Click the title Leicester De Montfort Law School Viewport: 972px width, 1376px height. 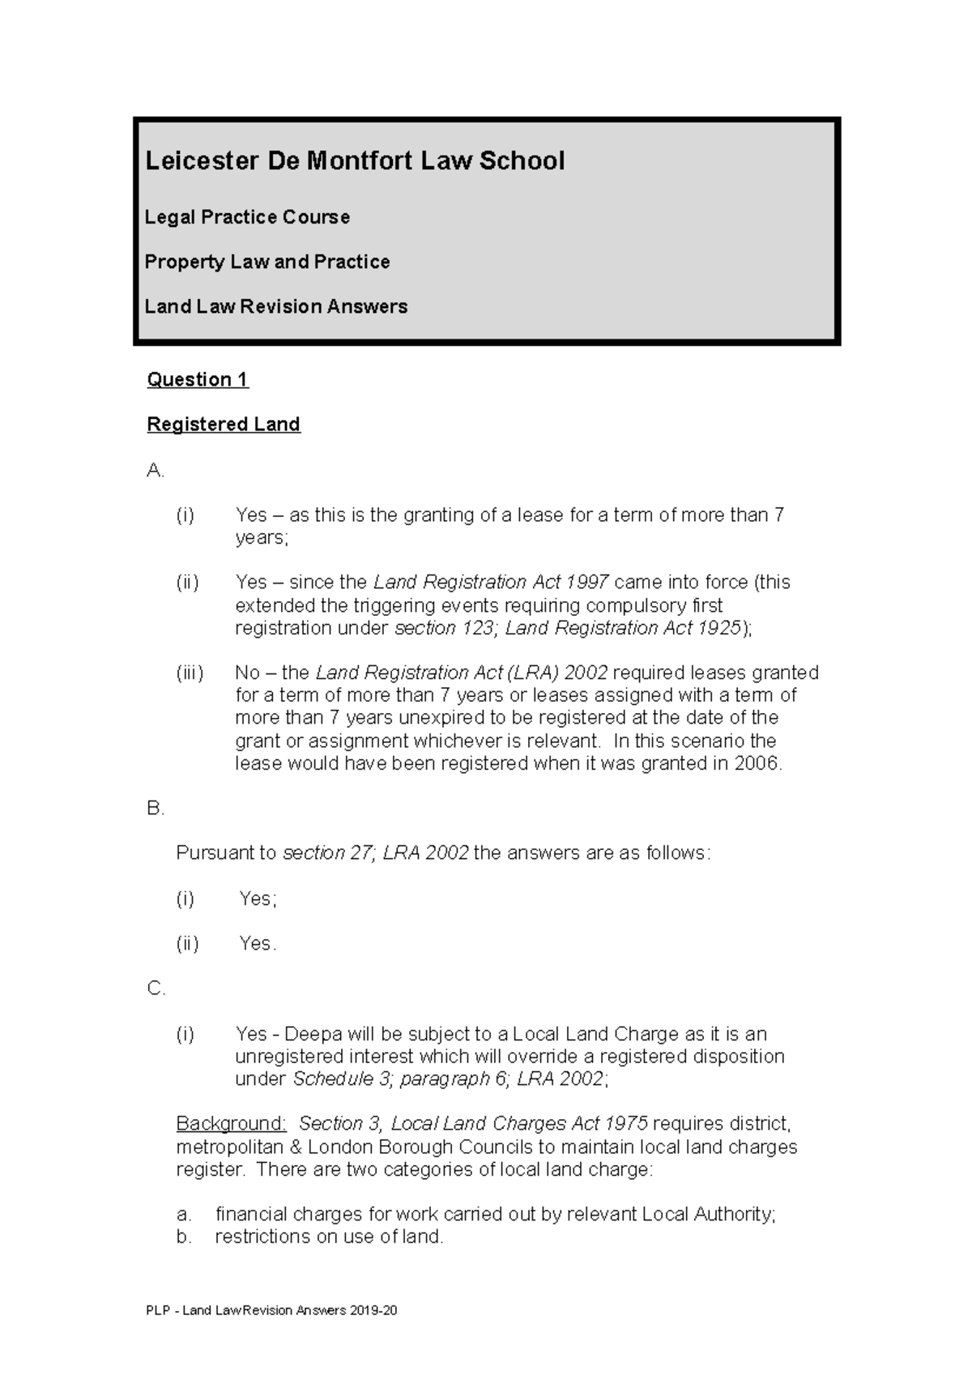354,160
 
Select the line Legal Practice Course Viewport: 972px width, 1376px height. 247,217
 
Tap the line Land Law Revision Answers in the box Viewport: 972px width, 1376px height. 275,306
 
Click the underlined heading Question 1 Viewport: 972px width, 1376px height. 197,379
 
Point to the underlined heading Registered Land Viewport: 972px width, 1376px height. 223,424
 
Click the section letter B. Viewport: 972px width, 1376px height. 155,809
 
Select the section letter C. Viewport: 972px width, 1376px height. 156,989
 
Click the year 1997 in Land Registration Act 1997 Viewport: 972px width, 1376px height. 587,582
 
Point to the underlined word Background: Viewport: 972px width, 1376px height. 231,1124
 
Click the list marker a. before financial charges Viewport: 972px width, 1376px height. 184,1214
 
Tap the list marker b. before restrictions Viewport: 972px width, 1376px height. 184,1237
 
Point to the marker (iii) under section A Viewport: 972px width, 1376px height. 190,673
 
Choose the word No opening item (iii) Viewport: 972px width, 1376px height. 246,673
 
